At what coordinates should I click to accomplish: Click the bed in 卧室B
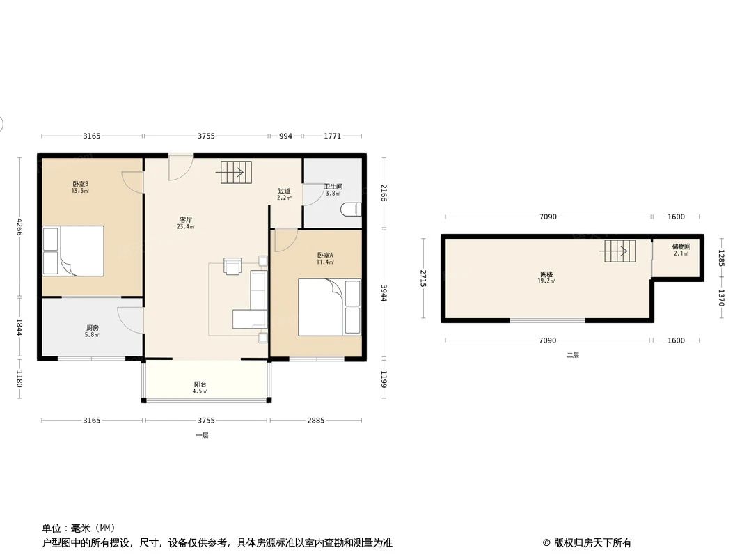coord(74,250)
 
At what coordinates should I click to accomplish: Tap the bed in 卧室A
coord(329,307)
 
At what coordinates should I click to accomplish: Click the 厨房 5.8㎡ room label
coord(92,331)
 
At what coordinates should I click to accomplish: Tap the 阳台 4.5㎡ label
coord(200,387)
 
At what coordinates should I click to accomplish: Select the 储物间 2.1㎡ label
coord(681,250)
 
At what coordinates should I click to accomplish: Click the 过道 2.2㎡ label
coord(284,194)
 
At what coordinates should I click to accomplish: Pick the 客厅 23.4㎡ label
coord(186,223)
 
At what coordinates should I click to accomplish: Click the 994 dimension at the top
coord(285,136)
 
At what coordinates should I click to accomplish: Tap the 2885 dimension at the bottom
coord(316,421)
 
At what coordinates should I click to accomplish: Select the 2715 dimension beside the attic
coord(423,278)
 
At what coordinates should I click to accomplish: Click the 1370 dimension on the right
coord(721,298)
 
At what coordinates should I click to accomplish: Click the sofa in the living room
coord(253,300)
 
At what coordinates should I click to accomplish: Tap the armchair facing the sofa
coord(232,266)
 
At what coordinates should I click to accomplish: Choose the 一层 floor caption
coord(202,435)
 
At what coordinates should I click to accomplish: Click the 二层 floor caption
coord(572,354)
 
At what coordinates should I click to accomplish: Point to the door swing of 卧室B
coord(132,181)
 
